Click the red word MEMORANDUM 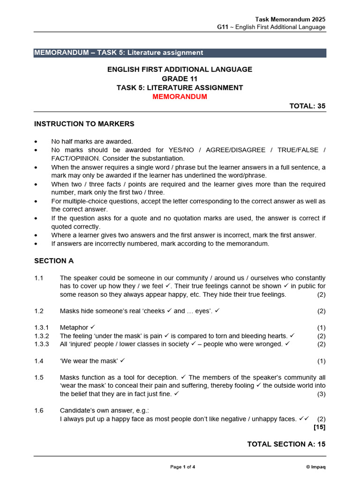(x=180, y=97)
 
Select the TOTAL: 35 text (x=307, y=106)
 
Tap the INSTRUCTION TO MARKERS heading (x=84, y=124)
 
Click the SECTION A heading (x=54, y=261)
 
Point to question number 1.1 (x=39, y=278)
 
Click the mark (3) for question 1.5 (x=321, y=394)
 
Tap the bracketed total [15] (x=319, y=427)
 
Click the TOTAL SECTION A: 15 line (x=286, y=444)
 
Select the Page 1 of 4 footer (x=182, y=467)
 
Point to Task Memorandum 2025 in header (x=290, y=19)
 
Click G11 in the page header (x=222, y=27)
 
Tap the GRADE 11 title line (x=180, y=78)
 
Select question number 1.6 (x=39, y=410)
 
